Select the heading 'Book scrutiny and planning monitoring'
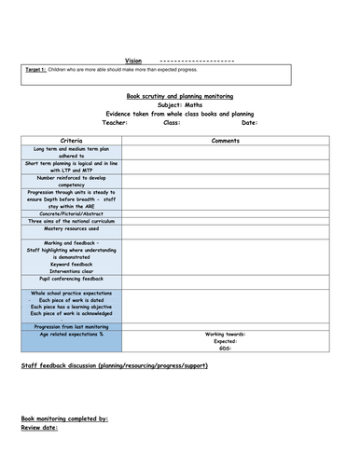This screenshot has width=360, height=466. coord(179,96)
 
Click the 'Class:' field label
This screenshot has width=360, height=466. coord(172,122)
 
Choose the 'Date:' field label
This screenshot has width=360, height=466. coord(249,122)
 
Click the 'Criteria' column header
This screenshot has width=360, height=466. coord(71,139)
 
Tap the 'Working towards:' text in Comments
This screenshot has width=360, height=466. coord(226,334)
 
